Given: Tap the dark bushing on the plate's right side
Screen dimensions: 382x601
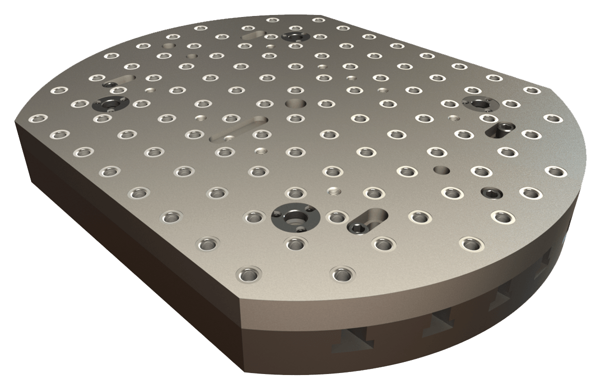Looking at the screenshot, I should point(480,103).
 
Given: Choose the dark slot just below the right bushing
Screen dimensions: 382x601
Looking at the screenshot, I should point(500,129).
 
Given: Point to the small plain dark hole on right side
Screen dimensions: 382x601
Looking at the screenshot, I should point(441,169).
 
